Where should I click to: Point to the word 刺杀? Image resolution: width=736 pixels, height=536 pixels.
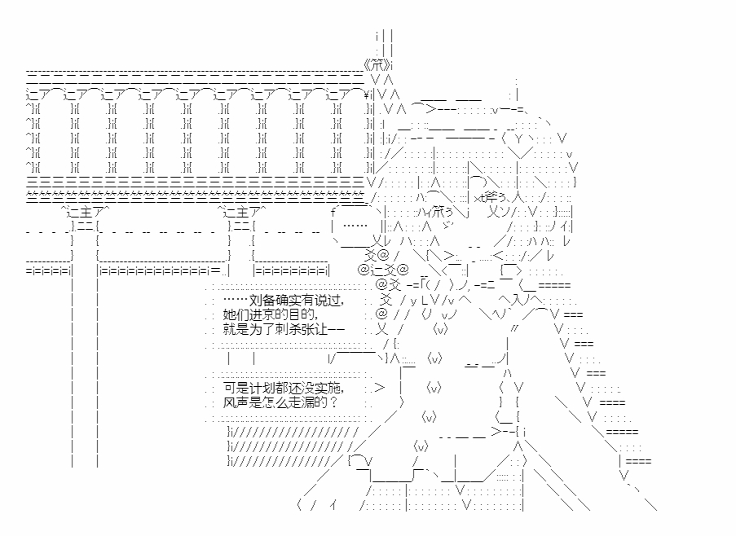[x=285, y=329]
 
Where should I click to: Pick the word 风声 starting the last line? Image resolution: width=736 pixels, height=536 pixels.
[x=234, y=402]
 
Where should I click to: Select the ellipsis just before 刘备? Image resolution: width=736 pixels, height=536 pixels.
[x=234, y=300]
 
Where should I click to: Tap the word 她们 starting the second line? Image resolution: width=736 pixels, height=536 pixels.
[x=234, y=314]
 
